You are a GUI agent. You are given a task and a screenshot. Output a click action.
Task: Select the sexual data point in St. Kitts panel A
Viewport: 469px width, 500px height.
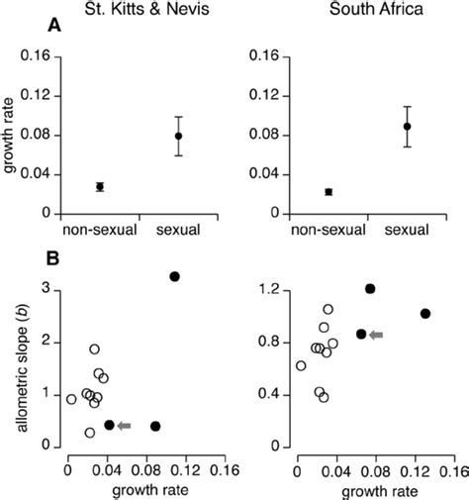click(179, 136)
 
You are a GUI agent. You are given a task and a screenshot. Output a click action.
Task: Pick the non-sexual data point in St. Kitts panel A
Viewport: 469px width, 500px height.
click(99, 186)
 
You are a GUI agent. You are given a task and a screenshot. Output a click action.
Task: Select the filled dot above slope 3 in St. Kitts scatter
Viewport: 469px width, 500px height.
click(174, 276)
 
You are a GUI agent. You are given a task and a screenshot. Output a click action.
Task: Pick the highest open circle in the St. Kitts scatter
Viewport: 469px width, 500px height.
click(95, 349)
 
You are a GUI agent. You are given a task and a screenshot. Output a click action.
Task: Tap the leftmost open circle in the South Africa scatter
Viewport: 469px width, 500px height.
click(301, 365)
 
